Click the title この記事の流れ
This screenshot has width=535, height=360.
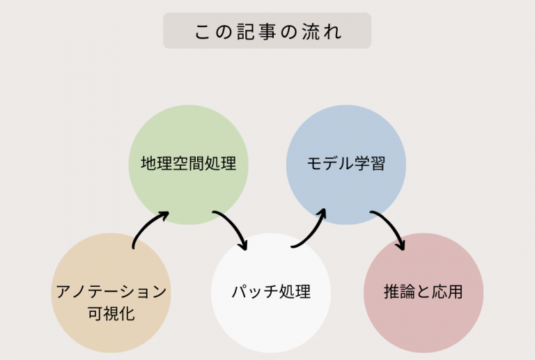click(x=267, y=31)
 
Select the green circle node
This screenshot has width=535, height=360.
click(x=188, y=164)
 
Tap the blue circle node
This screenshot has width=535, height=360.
click(x=346, y=164)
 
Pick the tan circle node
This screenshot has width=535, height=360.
click(x=111, y=293)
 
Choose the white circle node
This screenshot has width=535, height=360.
click(x=271, y=293)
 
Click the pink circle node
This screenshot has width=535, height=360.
click(x=424, y=293)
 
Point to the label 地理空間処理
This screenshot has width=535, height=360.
click(x=188, y=164)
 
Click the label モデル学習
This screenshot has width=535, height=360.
click(x=346, y=164)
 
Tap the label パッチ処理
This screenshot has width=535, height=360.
click(x=271, y=292)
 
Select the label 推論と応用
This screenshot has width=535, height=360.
click(x=424, y=292)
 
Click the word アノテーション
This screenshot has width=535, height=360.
click(x=111, y=292)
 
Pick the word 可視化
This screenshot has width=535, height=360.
click(x=111, y=313)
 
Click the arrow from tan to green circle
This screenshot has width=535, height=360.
click(x=146, y=224)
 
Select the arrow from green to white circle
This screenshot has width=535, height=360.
click(x=234, y=224)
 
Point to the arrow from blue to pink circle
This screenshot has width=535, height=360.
click(x=391, y=224)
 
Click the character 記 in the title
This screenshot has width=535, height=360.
click(x=245, y=32)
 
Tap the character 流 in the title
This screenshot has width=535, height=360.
click(x=310, y=32)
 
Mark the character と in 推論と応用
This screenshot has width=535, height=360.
click(x=423, y=292)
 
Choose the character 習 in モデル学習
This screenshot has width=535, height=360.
click(x=378, y=164)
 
